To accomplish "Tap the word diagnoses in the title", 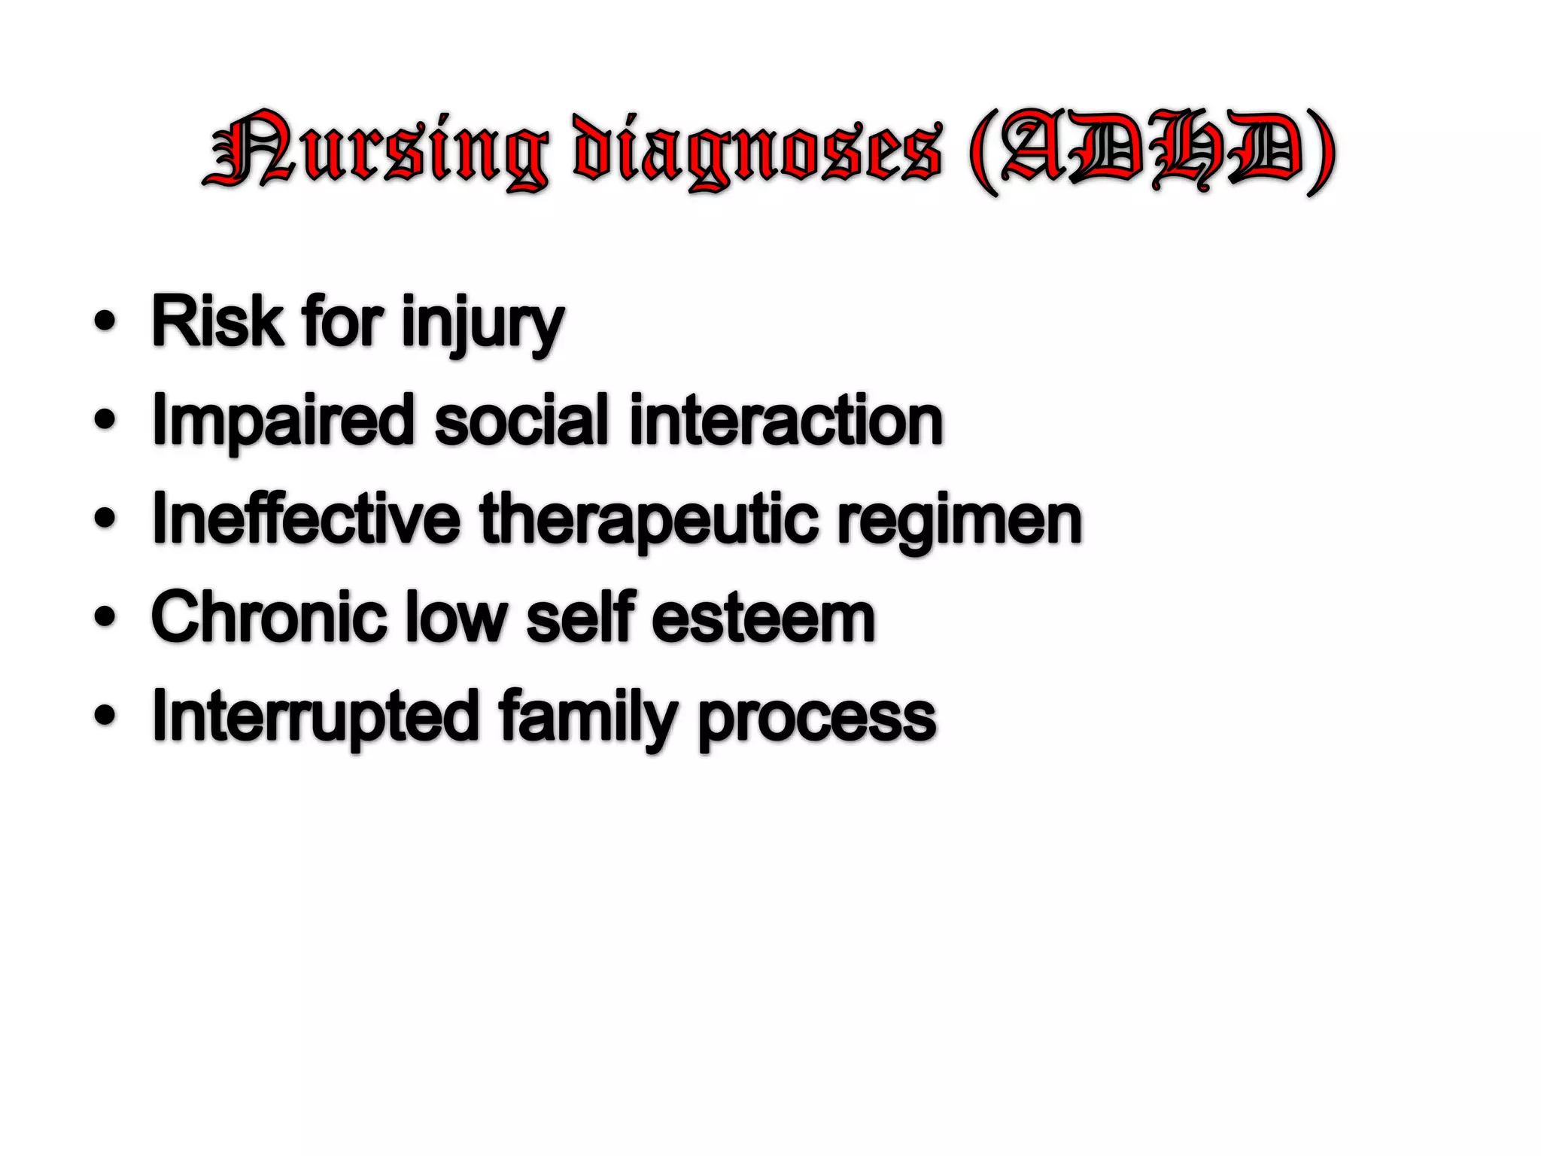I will pyautogui.click(x=756, y=151).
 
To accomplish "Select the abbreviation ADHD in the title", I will pyautogui.click(x=1151, y=151).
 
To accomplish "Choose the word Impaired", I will pyautogui.click(x=282, y=421).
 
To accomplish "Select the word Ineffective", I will pyautogui.click(x=305, y=519).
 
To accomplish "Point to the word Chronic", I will pyautogui.click(x=267, y=617).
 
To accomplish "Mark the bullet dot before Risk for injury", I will pyautogui.click(x=105, y=322).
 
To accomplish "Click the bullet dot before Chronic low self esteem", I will pyautogui.click(x=105, y=617).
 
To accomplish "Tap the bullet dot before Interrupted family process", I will pyautogui.click(x=105, y=716).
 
